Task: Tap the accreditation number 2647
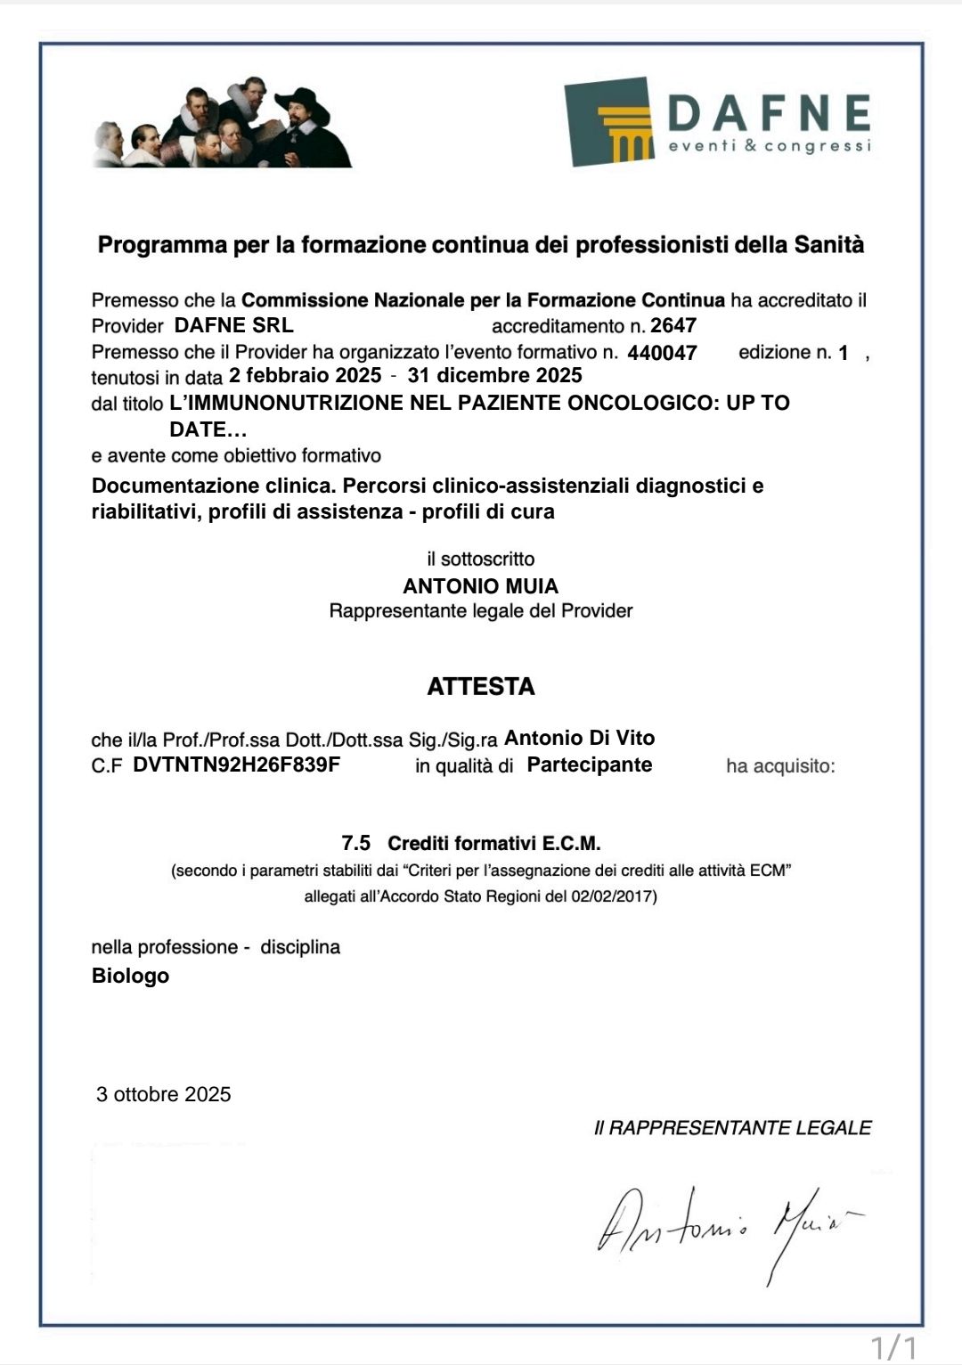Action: (673, 325)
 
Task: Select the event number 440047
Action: (662, 353)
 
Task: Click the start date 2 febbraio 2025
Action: (305, 375)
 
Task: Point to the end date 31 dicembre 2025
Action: (494, 375)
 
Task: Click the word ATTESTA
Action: (481, 686)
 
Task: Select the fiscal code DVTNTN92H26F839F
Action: (236, 764)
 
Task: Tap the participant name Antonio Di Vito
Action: (579, 738)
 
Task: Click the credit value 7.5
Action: (355, 843)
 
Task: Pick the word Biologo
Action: (130, 976)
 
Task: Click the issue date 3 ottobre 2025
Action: (164, 1094)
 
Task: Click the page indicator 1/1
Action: (893, 1345)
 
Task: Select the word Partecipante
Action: (590, 764)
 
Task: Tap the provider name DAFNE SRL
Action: (233, 325)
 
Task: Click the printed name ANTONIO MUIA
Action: (481, 585)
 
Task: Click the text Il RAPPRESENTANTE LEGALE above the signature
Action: (732, 1127)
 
